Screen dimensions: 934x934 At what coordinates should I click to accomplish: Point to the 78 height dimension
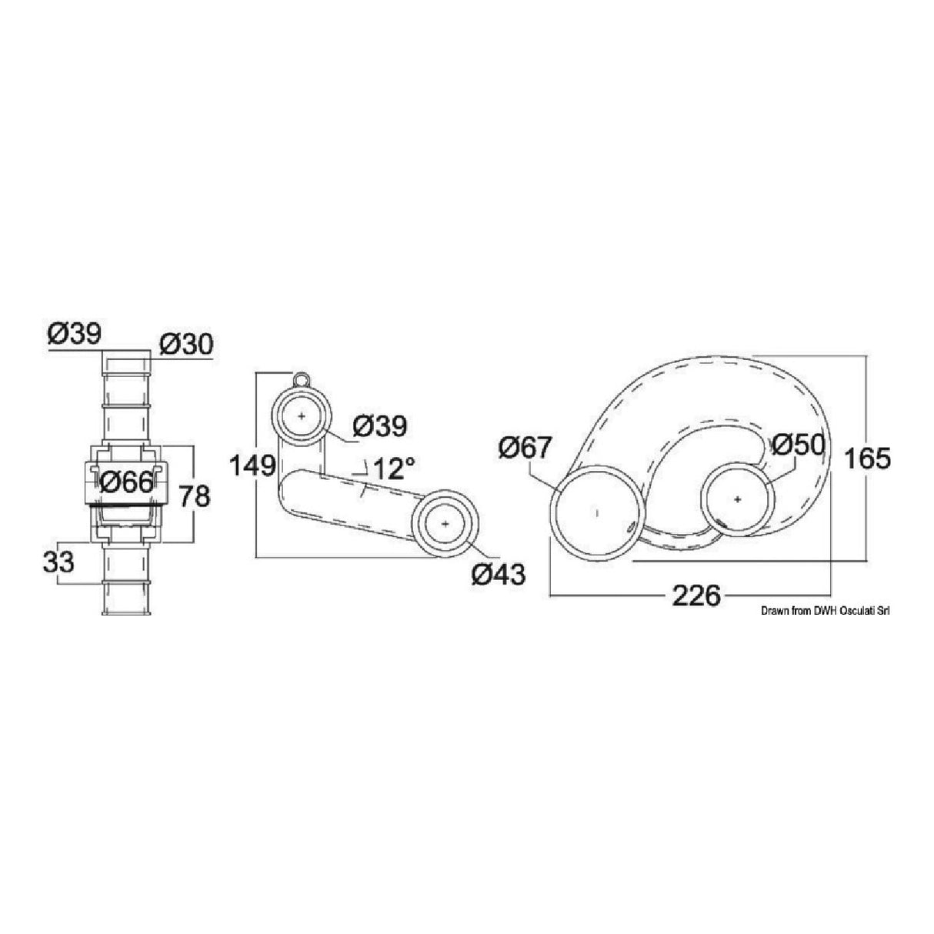[195, 496]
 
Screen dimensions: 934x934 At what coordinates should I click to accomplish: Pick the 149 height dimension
[252, 465]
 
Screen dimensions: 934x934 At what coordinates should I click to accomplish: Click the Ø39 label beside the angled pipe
[380, 426]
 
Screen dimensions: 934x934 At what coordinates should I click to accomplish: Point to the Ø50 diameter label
[797, 445]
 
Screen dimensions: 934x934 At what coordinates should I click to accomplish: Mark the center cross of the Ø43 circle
[445, 523]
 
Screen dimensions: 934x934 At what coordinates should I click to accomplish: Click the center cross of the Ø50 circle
[737, 499]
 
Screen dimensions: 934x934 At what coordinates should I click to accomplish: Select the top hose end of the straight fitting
[126, 362]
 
